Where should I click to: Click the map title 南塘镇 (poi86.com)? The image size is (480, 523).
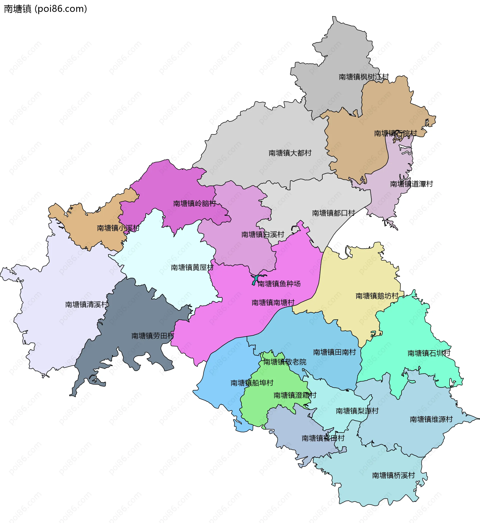click(x=45, y=9)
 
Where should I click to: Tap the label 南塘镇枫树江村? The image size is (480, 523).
click(x=364, y=77)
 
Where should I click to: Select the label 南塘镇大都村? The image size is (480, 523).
click(x=290, y=153)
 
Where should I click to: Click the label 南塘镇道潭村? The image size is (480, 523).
click(x=411, y=184)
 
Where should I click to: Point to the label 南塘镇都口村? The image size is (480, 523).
click(x=333, y=213)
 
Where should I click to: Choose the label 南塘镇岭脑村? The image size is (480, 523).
click(x=194, y=203)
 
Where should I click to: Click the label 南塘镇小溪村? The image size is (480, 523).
click(x=118, y=228)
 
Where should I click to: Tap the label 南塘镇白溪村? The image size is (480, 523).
click(x=262, y=235)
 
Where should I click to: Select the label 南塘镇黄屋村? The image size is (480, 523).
click(x=192, y=267)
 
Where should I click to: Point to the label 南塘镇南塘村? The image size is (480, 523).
click(x=273, y=302)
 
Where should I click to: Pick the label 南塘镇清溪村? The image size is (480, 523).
click(x=86, y=304)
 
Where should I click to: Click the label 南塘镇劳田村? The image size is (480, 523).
click(x=152, y=336)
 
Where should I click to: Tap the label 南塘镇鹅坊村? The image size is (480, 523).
click(x=377, y=296)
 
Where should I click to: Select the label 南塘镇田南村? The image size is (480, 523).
click(x=334, y=352)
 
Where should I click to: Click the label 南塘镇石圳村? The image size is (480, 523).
click(x=429, y=353)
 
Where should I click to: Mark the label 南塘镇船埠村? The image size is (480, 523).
click(x=252, y=383)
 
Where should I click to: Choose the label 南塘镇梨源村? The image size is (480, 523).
click(x=357, y=411)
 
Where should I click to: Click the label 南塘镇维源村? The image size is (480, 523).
click(x=431, y=419)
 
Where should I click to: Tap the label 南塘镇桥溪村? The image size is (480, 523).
click(x=393, y=475)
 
